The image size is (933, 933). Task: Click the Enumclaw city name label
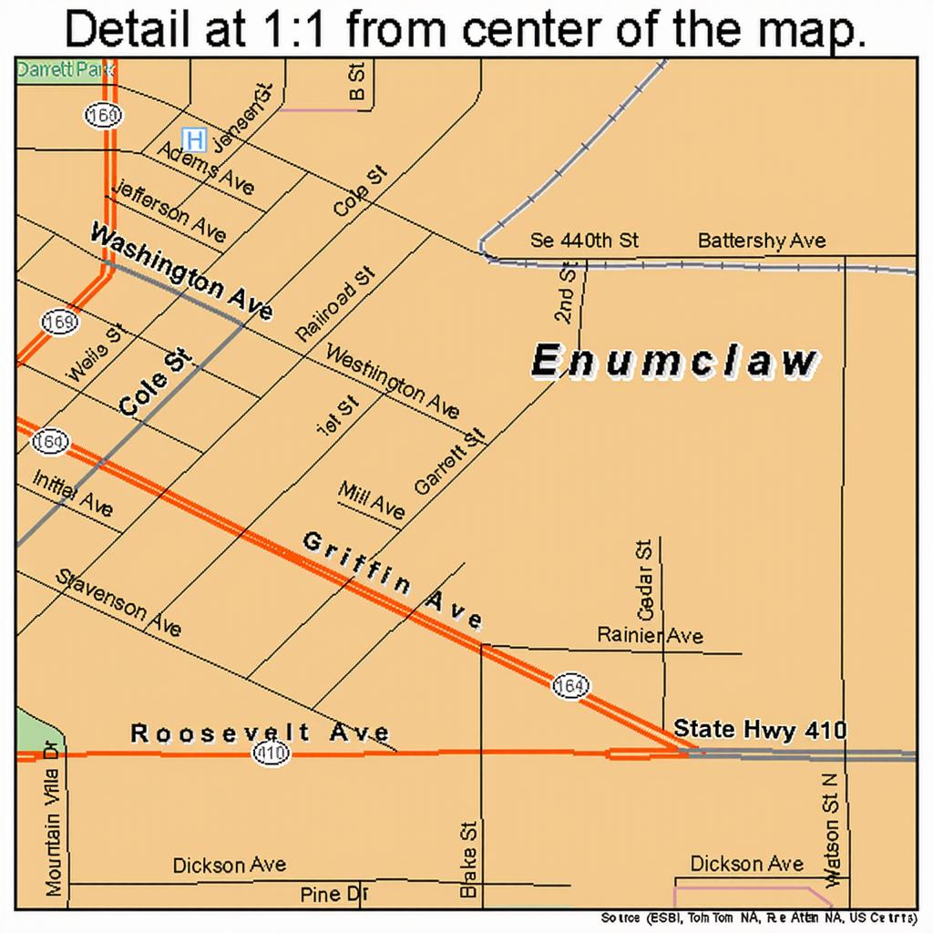(x=674, y=362)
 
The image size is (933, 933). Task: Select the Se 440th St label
(x=584, y=241)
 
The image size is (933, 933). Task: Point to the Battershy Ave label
(x=762, y=241)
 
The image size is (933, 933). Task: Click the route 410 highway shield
(x=272, y=753)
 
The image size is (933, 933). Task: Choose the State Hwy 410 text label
(x=760, y=729)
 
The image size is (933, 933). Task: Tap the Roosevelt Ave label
(x=260, y=733)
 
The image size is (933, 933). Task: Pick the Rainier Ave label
(x=650, y=635)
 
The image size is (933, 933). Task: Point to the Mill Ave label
(x=371, y=500)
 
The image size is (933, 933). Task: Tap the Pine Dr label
(x=333, y=895)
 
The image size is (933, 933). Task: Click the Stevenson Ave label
(x=118, y=602)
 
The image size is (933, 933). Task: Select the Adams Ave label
(x=206, y=168)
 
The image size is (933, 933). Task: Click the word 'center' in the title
(x=549, y=30)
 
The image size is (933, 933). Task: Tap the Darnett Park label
(x=60, y=70)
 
